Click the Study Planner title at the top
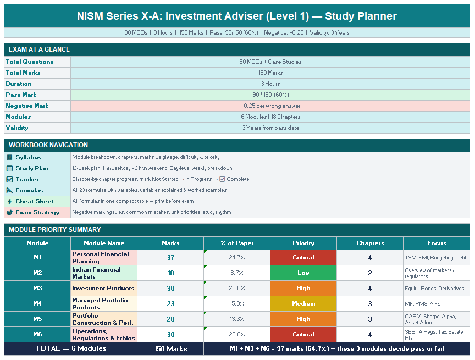pos(237,16)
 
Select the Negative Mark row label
pos(27,106)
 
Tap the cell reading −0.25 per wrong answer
pos(270,106)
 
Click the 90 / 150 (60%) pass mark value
pos(270,95)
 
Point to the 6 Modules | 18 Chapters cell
pos(270,117)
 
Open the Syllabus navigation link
pos(28,157)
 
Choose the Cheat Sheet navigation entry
pos(34,201)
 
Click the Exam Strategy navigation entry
pos(37,212)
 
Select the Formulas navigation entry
pos(29,190)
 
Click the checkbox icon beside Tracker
pos(9,179)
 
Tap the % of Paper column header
pos(236,243)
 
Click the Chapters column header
pos(370,243)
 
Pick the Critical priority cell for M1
pos(303,257)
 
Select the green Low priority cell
pos(303,273)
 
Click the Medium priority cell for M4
pos(303,303)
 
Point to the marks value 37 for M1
pos(170,257)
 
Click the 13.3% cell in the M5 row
pos(236,319)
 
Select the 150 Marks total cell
pos(170,348)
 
